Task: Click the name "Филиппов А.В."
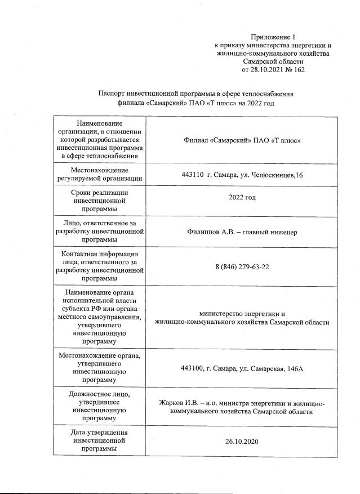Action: tap(211, 232)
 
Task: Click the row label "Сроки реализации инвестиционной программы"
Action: tap(99, 199)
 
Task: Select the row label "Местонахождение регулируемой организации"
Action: tap(99, 174)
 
